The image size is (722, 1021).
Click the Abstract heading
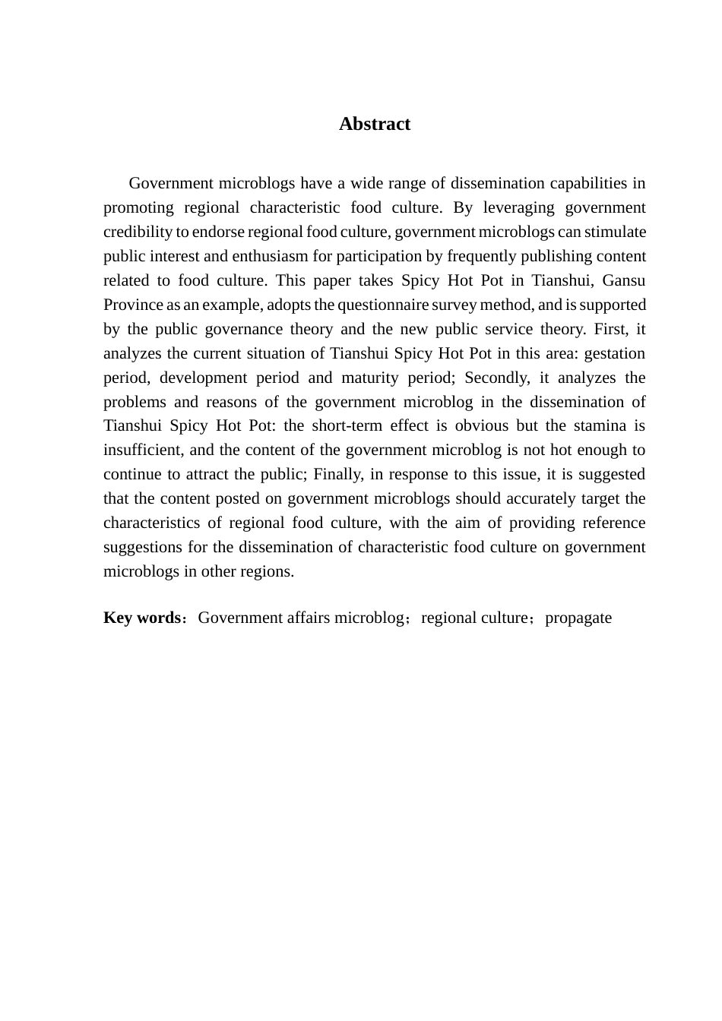click(x=374, y=125)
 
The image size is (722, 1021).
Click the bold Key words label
click(x=141, y=618)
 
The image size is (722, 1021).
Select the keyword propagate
click(x=578, y=618)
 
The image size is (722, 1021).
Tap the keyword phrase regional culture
click(x=474, y=618)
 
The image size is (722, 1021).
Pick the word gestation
click(x=614, y=353)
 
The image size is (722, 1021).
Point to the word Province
click(x=133, y=305)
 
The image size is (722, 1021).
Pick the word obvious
click(x=482, y=425)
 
